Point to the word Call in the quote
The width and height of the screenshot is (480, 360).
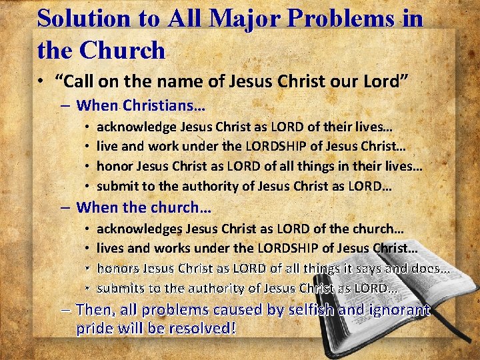coord(81,81)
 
